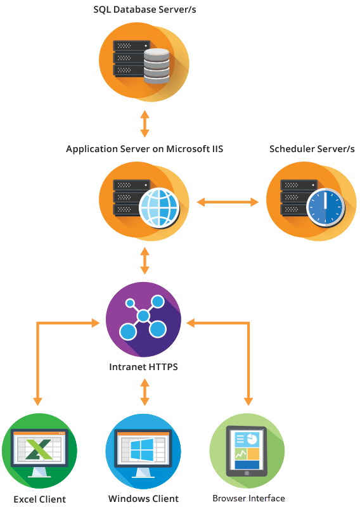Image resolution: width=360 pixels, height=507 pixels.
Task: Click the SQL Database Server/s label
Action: pos(145,10)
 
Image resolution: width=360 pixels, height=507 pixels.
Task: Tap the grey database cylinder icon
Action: pos(157,66)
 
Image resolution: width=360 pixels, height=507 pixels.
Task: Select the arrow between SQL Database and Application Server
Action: pos(145,124)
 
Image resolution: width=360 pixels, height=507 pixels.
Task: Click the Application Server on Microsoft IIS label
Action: pos(145,149)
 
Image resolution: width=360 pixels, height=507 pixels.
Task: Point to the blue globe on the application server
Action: pos(159,207)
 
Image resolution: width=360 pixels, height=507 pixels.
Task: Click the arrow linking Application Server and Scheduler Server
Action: pos(228,202)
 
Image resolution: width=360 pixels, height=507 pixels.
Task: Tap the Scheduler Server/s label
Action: pos(312,149)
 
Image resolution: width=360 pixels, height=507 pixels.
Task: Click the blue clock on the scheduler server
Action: pos(325,207)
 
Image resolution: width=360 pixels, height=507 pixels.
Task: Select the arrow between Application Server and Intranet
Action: pos(145,261)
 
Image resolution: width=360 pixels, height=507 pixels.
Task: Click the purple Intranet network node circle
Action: pos(143,319)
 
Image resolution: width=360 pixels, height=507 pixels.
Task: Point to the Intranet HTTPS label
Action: pos(143,367)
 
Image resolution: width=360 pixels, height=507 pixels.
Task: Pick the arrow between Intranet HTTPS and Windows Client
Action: pos(145,392)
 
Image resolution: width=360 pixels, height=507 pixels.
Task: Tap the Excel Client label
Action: pos(40,499)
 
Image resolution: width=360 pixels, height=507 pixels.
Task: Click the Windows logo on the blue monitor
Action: pos(142,449)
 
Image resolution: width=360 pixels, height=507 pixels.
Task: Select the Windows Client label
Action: pos(143,499)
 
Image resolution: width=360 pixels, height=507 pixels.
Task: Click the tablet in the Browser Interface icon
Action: pos(247,451)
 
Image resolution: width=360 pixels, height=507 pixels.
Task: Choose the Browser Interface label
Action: pos(248,498)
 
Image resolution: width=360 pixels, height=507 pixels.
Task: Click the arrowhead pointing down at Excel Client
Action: pos(37,401)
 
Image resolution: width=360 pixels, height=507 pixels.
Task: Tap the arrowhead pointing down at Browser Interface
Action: pos(248,401)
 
